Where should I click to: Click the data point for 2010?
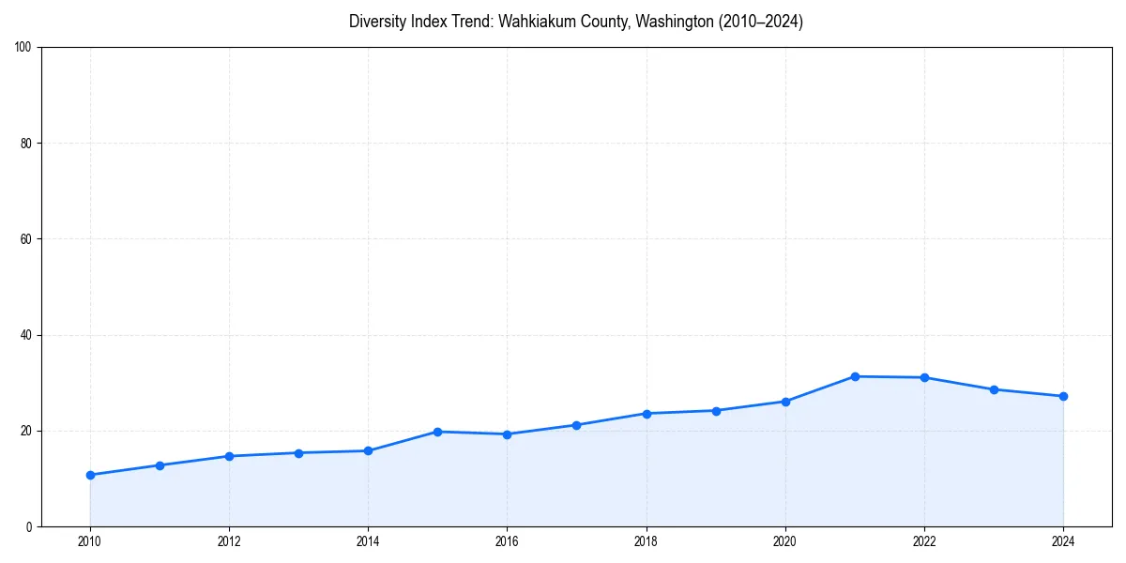click(90, 475)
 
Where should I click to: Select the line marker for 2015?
click(437, 432)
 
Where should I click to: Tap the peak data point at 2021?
click(855, 376)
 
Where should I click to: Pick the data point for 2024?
click(1063, 396)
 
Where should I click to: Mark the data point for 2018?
click(647, 413)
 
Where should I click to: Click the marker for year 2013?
click(298, 452)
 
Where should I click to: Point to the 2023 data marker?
click(994, 389)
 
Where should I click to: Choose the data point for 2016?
click(507, 434)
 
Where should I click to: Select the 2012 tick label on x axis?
click(229, 541)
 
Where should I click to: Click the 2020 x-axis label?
click(785, 541)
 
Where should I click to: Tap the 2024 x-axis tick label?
click(1063, 541)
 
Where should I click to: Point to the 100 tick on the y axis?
click(23, 47)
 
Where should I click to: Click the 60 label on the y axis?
click(26, 239)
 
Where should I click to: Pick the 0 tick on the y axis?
click(29, 526)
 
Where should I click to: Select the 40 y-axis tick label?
click(26, 335)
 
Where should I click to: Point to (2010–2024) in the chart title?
click(760, 22)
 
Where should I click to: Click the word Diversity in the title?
click(375, 22)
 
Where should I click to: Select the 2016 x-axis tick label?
click(507, 541)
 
